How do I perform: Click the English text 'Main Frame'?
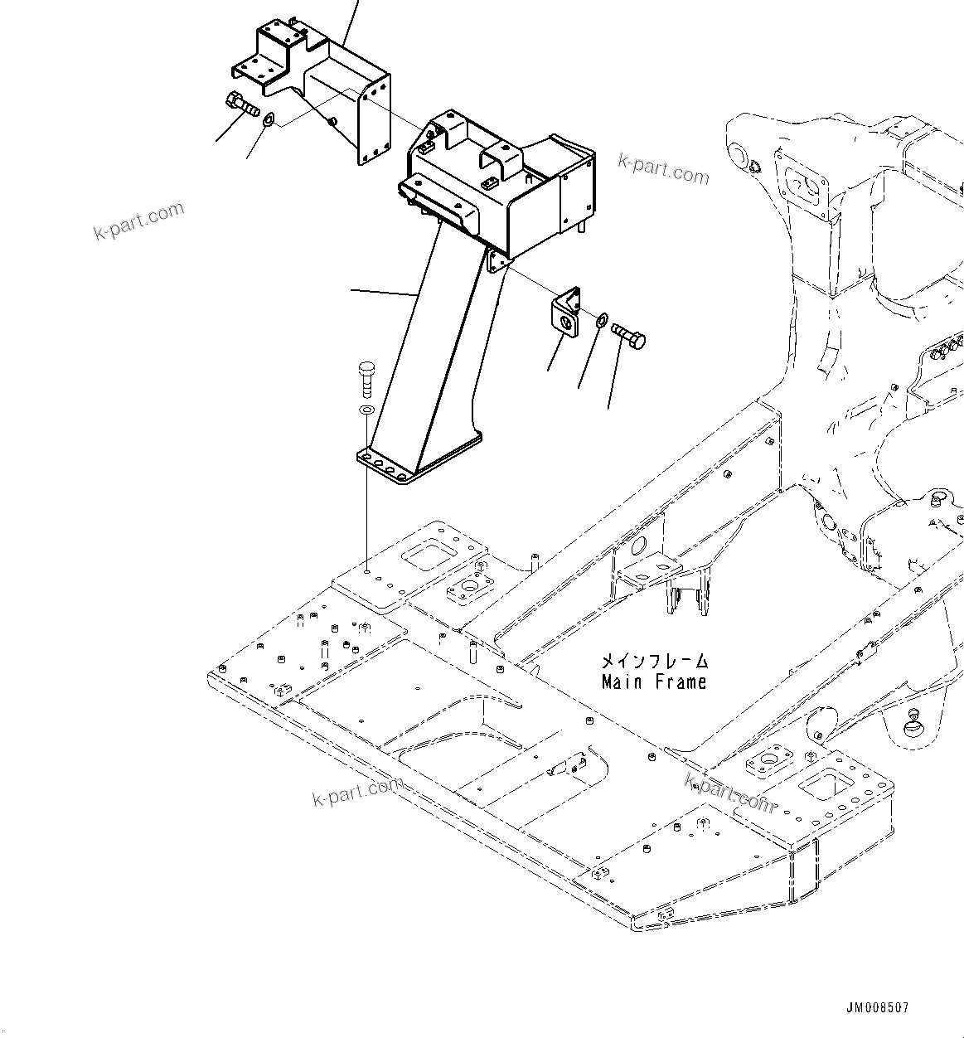(654, 682)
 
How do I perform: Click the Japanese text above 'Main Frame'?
(654, 662)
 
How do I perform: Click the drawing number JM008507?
(877, 1008)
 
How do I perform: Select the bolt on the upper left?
(242, 104)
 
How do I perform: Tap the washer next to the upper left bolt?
(269, 122)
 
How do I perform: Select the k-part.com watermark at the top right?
(664, 169)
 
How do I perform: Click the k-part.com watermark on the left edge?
(138, 220)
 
